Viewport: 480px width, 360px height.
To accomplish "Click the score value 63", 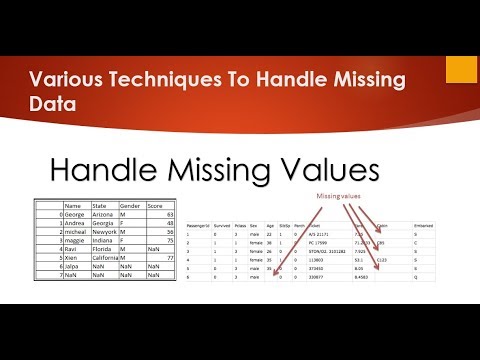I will [x=169, y=215].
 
